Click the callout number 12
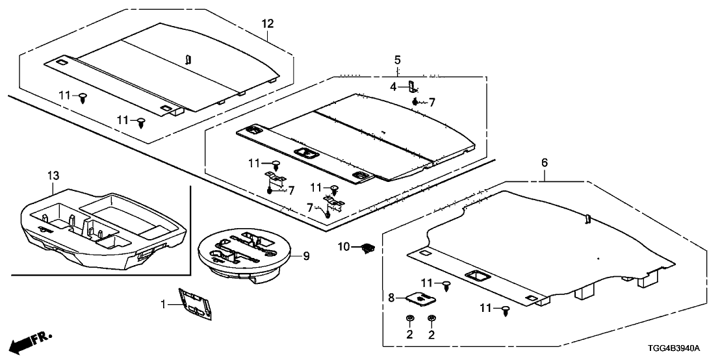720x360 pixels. click(268, 24)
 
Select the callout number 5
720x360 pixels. click(397, 60)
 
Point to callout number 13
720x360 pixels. click(53, 175)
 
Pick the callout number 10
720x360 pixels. click(344, 246)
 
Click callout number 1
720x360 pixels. click(164, 303)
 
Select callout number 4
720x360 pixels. click(393, 86)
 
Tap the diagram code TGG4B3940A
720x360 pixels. click(676, 348)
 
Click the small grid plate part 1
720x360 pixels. click(196, 304)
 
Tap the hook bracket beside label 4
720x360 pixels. click(411, 87)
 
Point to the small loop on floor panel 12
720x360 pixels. click(188, 59)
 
